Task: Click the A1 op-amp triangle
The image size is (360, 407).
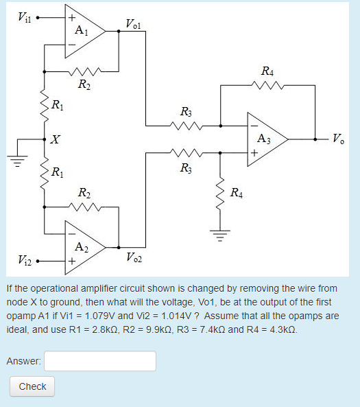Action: tap(82, 31)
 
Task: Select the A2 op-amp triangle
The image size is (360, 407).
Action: tap(82, 246)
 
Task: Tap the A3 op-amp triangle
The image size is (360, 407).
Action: tap(265, 139)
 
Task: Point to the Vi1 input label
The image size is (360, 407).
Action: tap(22, 16)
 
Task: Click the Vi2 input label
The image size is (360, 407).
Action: tap(22, 261)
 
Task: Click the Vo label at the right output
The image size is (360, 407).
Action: tap(339, 139)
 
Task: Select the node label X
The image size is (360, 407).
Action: tap(55, 140)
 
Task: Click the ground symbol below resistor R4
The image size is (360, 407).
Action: tap(219, 237)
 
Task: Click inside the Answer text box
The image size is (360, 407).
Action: tap(100, 361)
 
